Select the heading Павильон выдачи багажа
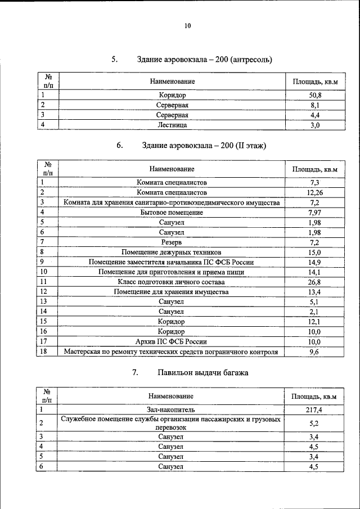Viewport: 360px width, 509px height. pos(202,373)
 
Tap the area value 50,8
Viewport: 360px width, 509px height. pos(315,96)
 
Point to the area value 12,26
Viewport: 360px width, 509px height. pos(315,192)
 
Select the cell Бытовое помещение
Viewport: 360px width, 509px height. pos(172,213)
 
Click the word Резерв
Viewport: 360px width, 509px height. pos(172,242)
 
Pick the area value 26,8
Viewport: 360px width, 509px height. pos(315,282)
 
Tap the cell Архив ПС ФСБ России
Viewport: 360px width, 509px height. pos(172,341)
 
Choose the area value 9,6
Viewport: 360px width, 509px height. pos(315,352)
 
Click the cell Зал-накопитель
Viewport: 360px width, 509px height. pos(172,411)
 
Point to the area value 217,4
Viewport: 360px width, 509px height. pos(315,411)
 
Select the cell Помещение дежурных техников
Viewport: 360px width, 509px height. pos(172,252)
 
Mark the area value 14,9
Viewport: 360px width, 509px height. pos(315,262)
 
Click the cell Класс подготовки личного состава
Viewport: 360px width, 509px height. pos(172,282)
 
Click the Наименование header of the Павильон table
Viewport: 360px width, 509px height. pos(172,397)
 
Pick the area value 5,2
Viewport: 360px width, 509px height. pos(315,423)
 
